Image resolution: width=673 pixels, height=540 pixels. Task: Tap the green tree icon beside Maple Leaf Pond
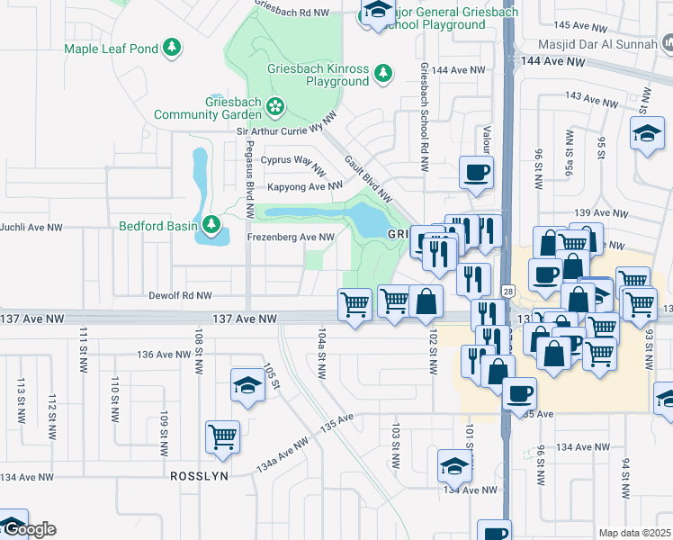point(172,47)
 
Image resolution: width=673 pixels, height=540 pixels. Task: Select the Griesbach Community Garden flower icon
point(274,108)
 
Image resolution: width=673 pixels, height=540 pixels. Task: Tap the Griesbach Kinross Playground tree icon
point(383,72)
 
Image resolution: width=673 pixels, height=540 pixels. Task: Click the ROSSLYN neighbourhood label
point(199,474)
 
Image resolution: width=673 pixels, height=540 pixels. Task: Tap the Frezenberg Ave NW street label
point(291,238)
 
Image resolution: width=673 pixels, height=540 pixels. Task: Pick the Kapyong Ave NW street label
point(305,187)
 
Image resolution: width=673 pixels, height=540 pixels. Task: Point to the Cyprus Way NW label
point(292,160)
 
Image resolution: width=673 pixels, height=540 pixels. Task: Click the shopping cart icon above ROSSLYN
point(222,436)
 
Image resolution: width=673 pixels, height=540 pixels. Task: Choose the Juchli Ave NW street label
point(31,229)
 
